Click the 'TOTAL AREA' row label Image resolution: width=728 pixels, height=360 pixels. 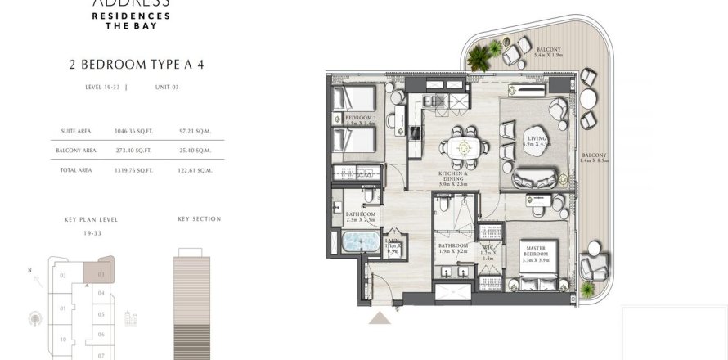click(77, 169)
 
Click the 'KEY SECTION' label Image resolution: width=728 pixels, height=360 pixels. click(199, 219)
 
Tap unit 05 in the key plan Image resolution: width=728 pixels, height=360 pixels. click(101, 313)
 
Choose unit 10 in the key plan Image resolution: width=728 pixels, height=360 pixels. click(62, 338)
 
